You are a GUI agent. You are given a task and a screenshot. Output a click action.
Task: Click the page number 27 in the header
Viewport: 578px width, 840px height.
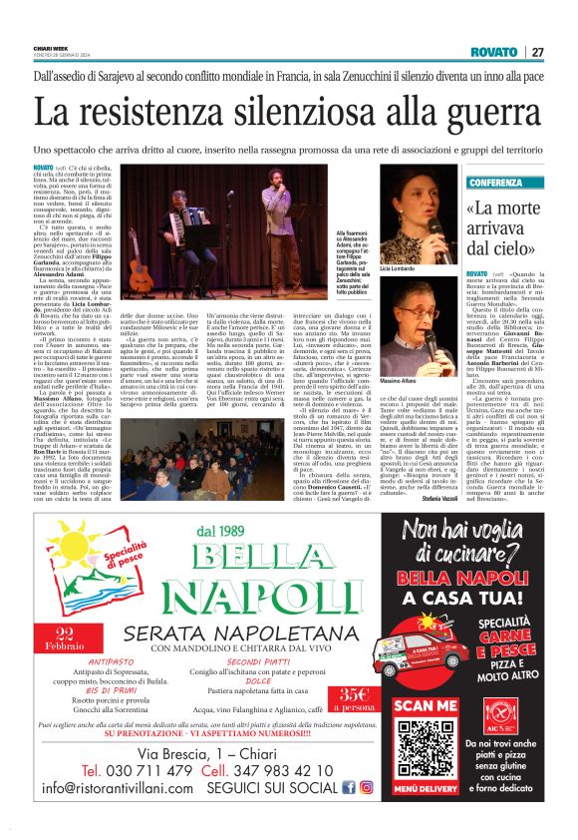point(537,52)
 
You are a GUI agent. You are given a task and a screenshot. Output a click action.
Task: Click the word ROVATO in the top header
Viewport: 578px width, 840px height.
point(494,52)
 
